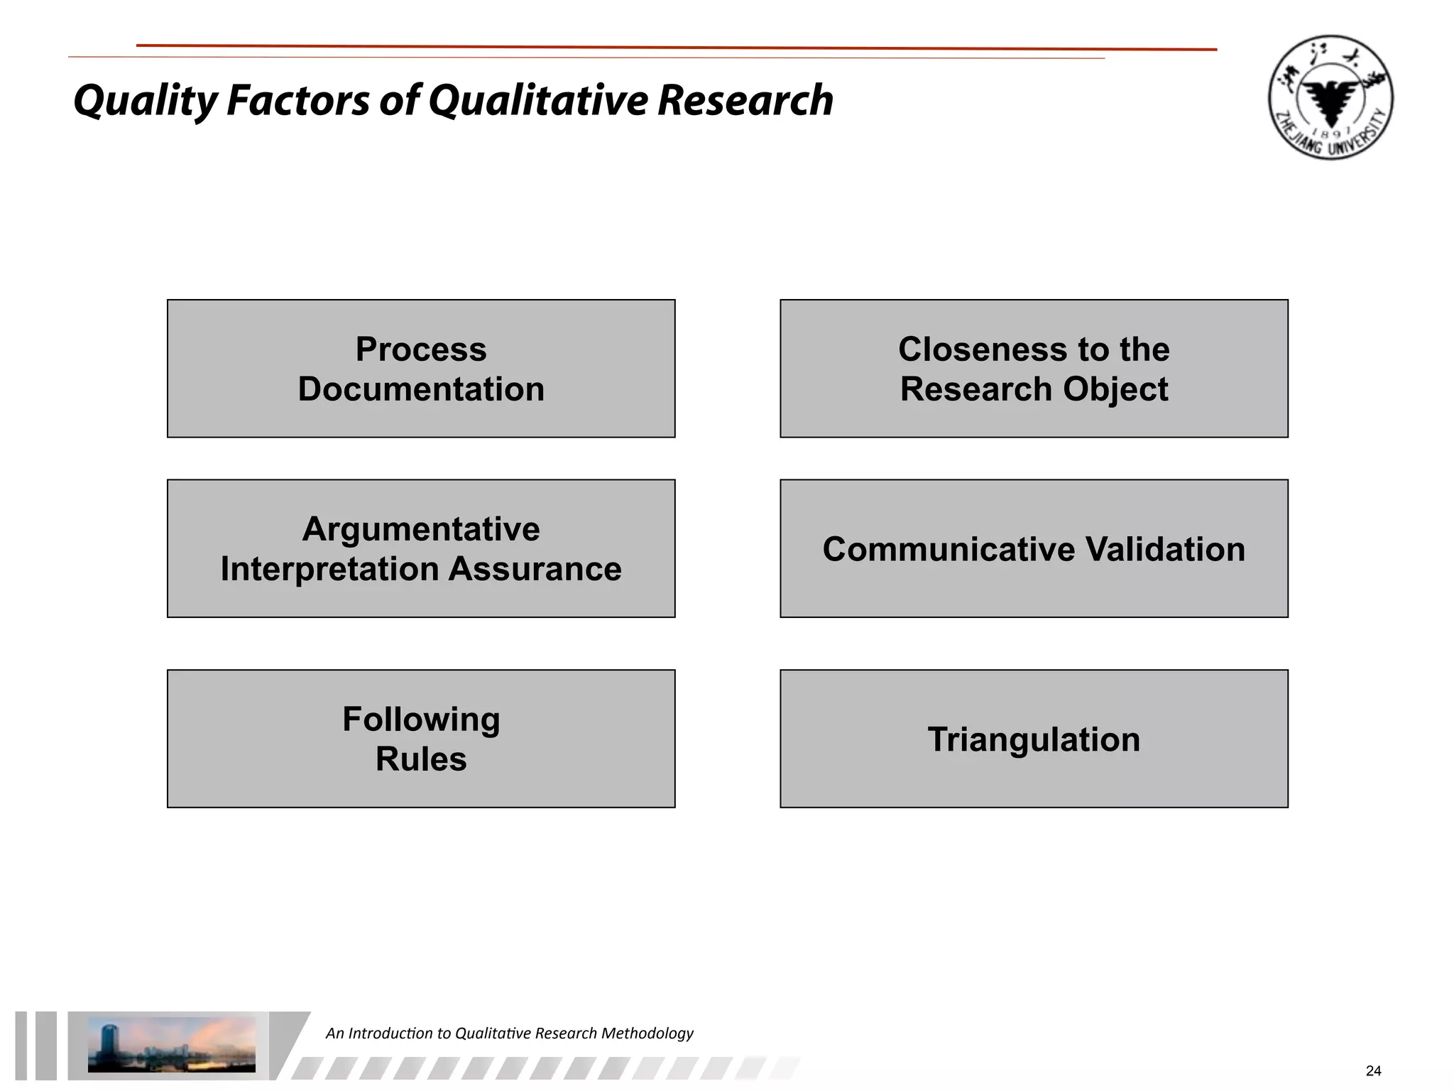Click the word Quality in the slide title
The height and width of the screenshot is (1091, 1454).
145,101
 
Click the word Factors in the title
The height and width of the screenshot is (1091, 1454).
297,101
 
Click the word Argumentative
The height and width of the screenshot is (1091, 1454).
421,529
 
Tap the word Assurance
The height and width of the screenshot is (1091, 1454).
535,569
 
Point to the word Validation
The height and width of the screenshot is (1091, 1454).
1165,549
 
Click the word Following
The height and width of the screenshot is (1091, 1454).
421,720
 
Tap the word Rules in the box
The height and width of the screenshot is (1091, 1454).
421,759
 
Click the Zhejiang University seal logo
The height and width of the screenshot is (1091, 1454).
1330,97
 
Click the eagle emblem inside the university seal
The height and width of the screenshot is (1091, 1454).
1330,99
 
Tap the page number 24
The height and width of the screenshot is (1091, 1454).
1373,1071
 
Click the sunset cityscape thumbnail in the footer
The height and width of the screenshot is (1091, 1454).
171,1045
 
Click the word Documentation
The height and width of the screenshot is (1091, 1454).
421,389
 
